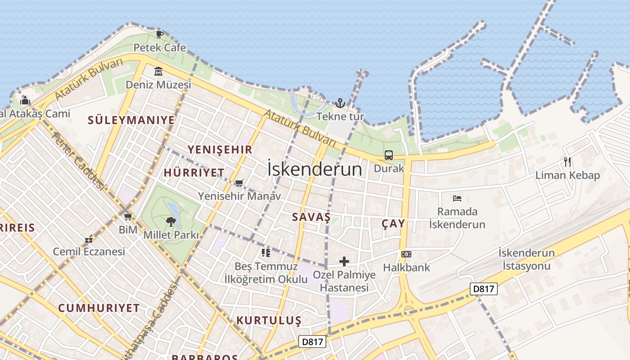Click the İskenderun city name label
(315, 169)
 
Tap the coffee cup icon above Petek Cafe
(159, 34)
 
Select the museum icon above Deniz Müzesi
(158, 71)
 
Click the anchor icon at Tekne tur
(340, 103)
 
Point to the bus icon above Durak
(389, 155)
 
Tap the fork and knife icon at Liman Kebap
(567, 162)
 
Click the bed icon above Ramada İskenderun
(457, 198)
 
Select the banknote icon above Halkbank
(406, 254)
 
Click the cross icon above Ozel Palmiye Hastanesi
(344, 261)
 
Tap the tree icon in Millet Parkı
(171, 221)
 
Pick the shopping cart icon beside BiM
(128, 216)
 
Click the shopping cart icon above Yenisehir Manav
(239, 183)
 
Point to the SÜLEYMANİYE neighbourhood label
(131, 120)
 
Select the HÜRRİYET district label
(194, 173)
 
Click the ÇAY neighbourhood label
(393, 223)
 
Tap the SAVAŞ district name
(311, 217)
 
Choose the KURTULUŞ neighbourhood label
(269, 320)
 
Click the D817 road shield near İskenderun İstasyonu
(484, 289)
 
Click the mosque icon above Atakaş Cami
(25, 100)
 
